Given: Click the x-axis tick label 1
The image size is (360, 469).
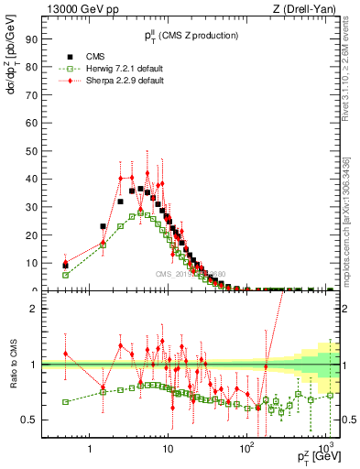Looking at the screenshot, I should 89,449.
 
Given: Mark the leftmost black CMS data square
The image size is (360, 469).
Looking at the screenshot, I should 65,266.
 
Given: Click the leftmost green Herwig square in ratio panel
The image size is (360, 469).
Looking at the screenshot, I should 65,401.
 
